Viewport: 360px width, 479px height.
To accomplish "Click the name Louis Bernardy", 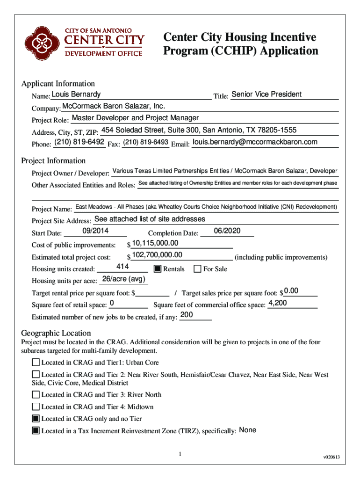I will point(73,94).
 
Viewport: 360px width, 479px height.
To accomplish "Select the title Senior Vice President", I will point(266,94).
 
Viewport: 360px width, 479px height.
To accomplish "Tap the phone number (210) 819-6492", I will point(79,142).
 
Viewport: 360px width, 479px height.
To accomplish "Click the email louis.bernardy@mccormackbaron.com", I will point(255,142).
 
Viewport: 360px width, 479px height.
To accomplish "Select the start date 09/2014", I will point(95,231).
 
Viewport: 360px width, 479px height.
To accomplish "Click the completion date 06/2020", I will point(227,231).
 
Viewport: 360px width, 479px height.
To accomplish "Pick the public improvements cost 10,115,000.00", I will point(155,243).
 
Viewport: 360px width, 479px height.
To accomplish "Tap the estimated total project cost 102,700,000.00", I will point(157,255).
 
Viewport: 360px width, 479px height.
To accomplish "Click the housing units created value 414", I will point(122,267).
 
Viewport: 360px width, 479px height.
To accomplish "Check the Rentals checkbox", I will point(157,269).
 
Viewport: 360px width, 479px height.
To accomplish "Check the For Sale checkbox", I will point(197,269).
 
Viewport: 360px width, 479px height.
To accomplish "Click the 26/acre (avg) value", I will point(124,279).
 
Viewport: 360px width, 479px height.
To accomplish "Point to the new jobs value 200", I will point(187,315).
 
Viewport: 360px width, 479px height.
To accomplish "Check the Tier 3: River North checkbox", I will point(36,395).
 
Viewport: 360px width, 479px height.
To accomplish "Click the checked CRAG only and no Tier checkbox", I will point(36,419).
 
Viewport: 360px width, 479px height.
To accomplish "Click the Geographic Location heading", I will point(56,333).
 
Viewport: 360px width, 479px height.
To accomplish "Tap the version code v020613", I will point(331,457).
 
